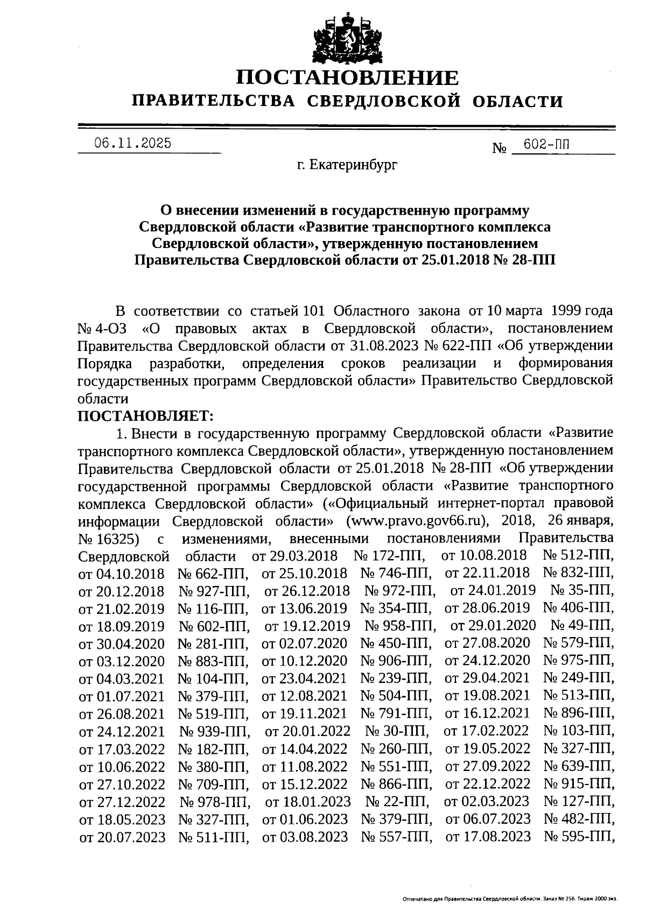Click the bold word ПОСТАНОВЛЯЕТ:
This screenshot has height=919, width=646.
pos(146,415)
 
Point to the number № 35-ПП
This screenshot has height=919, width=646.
pos(582,590)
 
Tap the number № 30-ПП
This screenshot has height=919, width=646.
pos(397,731)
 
